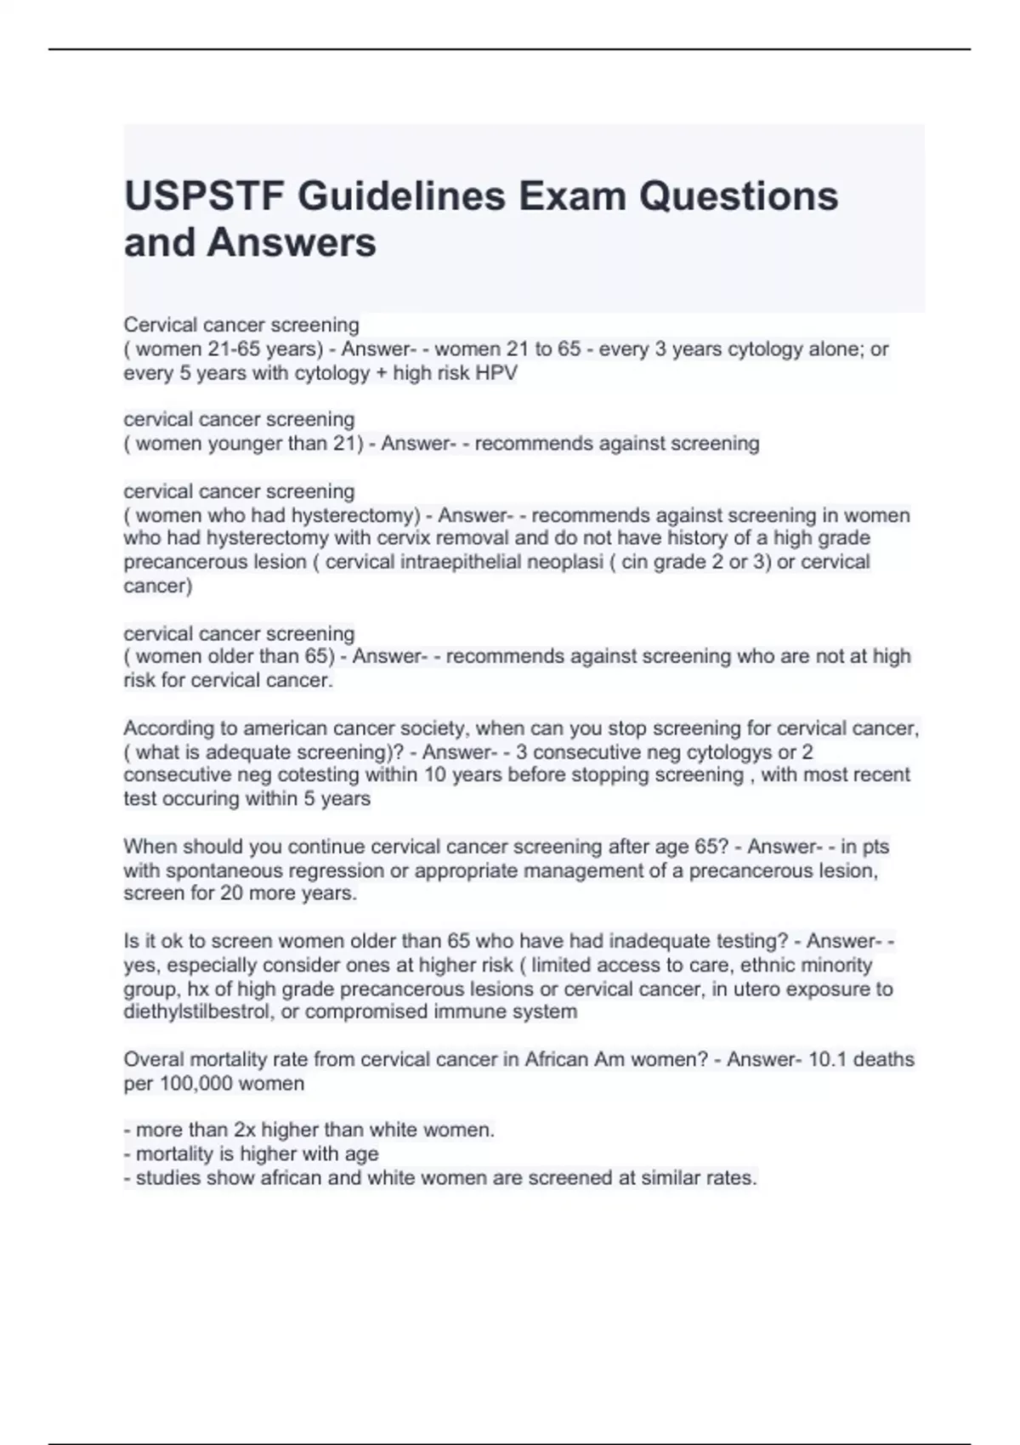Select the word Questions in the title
click(739, 196)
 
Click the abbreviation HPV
click(497, 373)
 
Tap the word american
click(282, 728)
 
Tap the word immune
click(481, 1011)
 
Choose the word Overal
click(151, 1059)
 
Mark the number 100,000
click(197, 1084)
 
